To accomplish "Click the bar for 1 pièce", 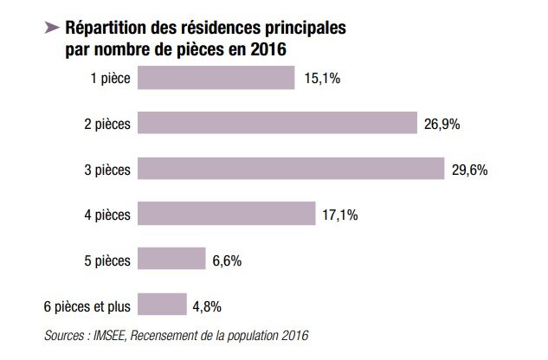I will click(x=216, y=79).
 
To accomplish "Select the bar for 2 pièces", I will click(x=277, y=124).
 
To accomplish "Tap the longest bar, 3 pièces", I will click(x=290, y=169).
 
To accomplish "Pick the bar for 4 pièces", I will click(x=226, y=214).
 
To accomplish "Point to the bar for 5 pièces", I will click(x=171, y=259).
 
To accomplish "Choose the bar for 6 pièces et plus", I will click(x=162, y=305).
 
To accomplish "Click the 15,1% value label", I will click(x=322, y=80).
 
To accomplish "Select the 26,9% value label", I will click(x=442, y=125).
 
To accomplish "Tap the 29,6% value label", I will click(x=470, y=170).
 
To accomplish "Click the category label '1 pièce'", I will click(x=111, y=80).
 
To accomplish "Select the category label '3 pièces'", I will click(x=107, y=170).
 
